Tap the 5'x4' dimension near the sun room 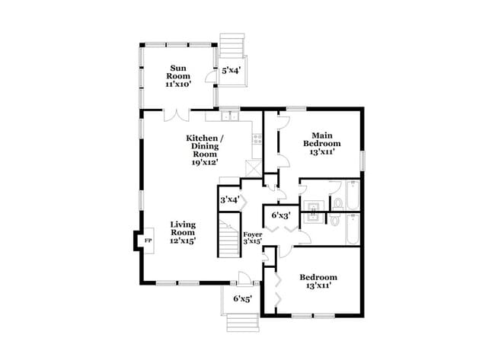[x=232, y=71]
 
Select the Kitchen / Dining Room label [x=205, y=149]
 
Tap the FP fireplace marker [x=148, y=241]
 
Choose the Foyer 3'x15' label [x=253, y=237]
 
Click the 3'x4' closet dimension [x=230, y=200]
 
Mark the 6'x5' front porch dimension [x=243, y=298]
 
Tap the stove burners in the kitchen [x=257, y=139]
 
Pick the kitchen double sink [x=228, y=116]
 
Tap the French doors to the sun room [x=177, y=116]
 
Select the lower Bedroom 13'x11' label [x=318, y=282]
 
